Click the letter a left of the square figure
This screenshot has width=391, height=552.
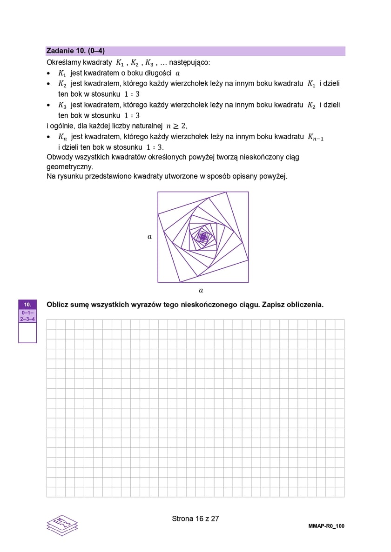pyautogui.click(x=149, y=237)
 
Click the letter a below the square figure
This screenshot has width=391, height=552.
pyautogui.click(x=201, y=290)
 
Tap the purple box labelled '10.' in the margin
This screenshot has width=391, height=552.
pyautogui.click(x=27, y=305)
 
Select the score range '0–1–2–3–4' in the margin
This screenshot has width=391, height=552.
pyautogui.click(x=27, y=316)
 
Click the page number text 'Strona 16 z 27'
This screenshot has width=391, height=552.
pyautogui.click(x=195, y=519)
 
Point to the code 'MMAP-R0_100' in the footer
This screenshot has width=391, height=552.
pyautogui.click(x=326, y=526)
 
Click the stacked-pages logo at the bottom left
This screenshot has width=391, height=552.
pyautogui.click(x=62, y=525)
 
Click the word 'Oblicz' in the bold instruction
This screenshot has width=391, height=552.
pyautogui.click(x=58, y=305)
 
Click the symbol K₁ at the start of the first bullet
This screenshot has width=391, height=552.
pyautogui.click(x=62, y=73)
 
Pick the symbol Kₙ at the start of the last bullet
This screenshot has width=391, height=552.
pyautogui.click(x=62, y=137)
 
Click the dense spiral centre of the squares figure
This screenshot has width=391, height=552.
pyautogui.click(x=203, y=237)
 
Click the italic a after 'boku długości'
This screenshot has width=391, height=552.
pyautogui.click(x=178, y=73)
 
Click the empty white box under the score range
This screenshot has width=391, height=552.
pyautogui.click(x=27, y=333)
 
